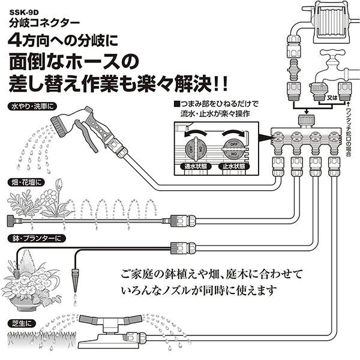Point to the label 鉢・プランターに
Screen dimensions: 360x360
[37, 238]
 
